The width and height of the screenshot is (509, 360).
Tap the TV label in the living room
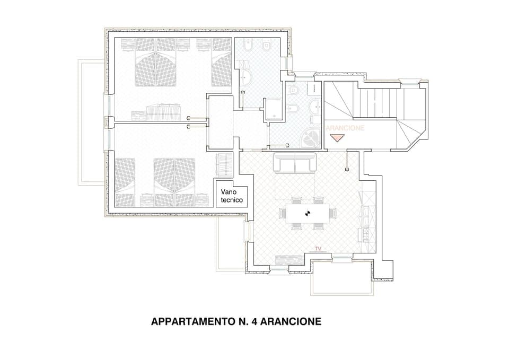tap(318, 248)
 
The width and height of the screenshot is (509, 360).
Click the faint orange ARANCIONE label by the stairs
tap(345, 128)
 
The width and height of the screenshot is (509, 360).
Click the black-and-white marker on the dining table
tap(306, 213)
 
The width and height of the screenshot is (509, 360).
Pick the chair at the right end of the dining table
tap(332, 213)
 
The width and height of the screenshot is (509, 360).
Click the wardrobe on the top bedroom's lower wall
tap(164, 113)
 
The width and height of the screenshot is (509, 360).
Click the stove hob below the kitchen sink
tap(365, 233)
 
